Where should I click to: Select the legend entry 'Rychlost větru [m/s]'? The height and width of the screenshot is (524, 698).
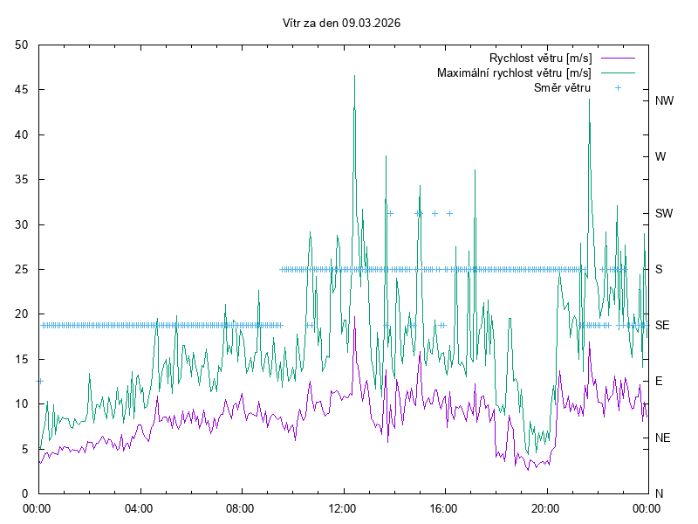(x=540, y=58)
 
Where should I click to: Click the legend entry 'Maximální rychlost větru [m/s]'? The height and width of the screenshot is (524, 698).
(x=514, y=72)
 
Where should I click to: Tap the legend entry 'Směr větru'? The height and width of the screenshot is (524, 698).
(x=562, y=87)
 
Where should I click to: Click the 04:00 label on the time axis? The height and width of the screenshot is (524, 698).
(x=139, y=507)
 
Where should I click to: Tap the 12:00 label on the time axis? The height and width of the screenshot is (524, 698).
(x=342, y=507)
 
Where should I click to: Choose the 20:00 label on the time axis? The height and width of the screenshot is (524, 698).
(x=545, y=507)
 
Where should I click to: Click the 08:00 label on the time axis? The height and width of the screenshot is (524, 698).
(x=240, y=507)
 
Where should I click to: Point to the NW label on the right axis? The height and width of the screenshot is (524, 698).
(x=665, y=101)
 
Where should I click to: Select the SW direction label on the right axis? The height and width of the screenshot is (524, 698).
(x=664, y=213)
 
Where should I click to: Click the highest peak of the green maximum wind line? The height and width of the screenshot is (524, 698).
(x=354, y=76)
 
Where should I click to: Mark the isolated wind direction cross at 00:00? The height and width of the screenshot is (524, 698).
(x=39, y=381)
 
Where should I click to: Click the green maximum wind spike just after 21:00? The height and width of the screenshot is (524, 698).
(x=589, y=100)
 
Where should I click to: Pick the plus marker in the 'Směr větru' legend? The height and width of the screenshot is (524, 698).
(x=618, y=87)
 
